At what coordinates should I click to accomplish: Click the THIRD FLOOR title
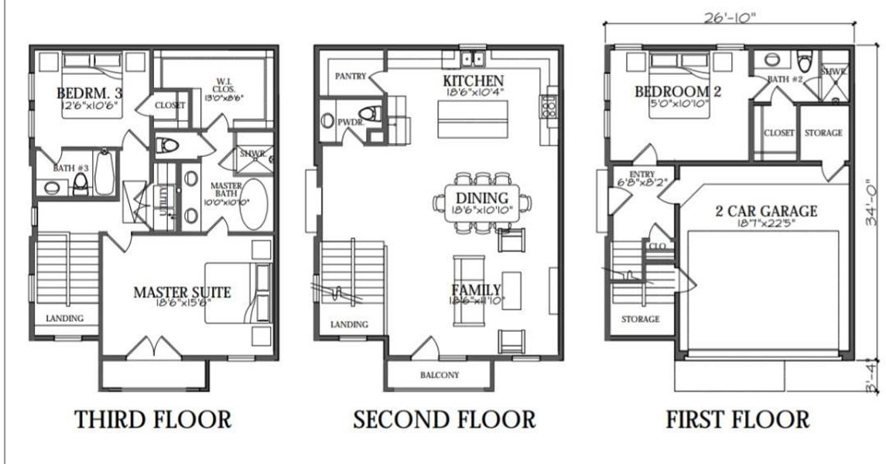[x=152, y=420]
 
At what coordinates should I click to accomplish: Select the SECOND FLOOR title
[x=443, y=420]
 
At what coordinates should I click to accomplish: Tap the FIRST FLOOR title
[x=737, y=420]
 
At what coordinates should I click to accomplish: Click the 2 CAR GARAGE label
[x=766, y=211]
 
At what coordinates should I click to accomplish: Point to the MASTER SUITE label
[x=183, y=292]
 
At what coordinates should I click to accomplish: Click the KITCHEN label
[x=473, y=81]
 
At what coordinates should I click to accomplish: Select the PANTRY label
[x=350, y=77]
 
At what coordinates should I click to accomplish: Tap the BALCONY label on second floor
[x=440, y=376]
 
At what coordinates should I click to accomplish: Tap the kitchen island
[x=466, y=118]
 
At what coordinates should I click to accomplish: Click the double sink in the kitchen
[x=471, y=59]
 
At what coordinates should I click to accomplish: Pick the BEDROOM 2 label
[x=677, y=92]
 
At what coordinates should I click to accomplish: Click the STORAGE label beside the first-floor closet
[x=823, y=133]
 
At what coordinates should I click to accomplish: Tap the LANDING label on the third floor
[x=64, y=318]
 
